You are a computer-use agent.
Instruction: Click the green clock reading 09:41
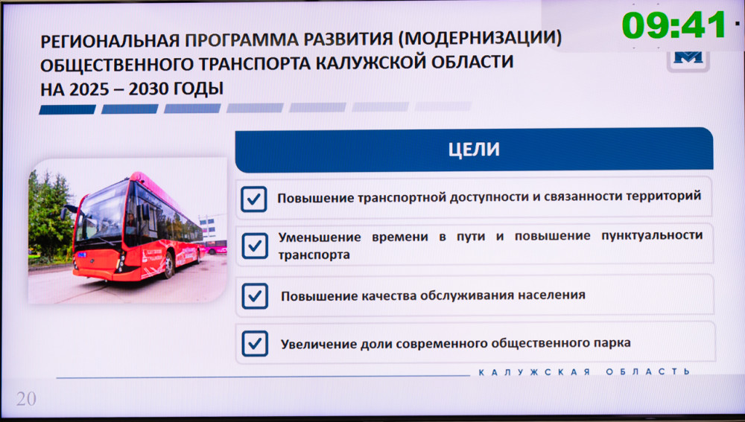(x=673, y=25)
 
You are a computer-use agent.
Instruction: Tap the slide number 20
(x=26, y=399)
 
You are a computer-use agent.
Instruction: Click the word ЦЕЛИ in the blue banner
(x=474, y=150)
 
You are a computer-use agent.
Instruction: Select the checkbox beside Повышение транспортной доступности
(x=254, y=199)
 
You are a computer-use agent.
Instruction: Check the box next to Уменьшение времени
(x=255, y=246)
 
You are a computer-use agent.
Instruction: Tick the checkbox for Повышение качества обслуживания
(x=255, y=296)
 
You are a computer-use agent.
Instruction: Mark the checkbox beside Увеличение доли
(x=255, y=344)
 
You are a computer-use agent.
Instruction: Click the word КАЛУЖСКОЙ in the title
(x=367, y=63)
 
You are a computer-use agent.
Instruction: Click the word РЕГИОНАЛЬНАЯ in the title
(x=110, y=41)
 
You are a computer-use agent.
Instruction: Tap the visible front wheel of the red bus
(x=168, y=266)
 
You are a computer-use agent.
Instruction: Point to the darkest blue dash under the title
(x=68, y=109)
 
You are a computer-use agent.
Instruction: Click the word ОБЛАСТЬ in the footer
(x=647, y=371)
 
